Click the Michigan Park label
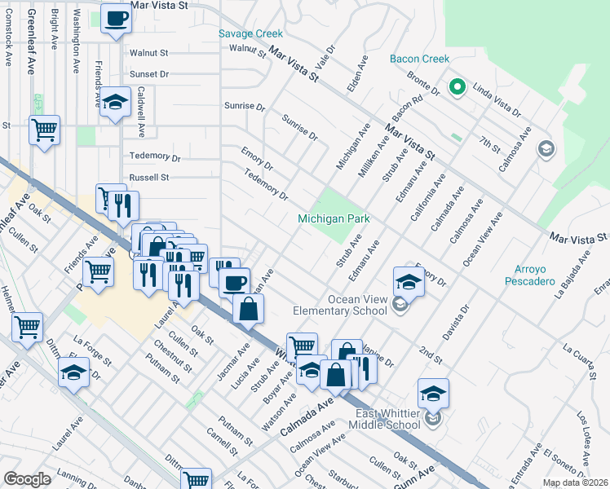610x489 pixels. (334, 218)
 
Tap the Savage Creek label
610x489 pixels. (251, 33)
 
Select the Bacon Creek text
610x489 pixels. (419, 59)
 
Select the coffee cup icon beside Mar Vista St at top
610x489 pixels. (116, 19)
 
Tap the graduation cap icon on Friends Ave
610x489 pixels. (116, 104)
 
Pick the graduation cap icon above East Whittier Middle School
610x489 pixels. (433, 394)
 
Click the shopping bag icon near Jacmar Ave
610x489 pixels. (248, 309)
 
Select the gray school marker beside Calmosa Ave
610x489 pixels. (545, 149)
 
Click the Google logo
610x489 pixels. (27, 479)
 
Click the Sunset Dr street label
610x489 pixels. (148, 73)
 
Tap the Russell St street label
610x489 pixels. (148, 177)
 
